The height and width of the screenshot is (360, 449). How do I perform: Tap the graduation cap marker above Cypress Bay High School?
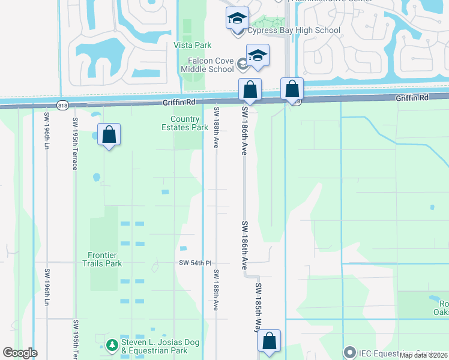(x=238, y=18)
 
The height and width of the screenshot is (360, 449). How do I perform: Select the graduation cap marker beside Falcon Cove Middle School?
(x=258, y=56)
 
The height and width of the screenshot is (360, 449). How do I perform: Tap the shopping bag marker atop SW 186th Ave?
(x=250, y=90)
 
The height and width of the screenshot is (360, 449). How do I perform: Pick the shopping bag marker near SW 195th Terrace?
(x=109, y=135)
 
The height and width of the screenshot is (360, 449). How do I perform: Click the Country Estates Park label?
(x=185, y=123)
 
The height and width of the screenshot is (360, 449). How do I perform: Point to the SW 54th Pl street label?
(x=196, y=263)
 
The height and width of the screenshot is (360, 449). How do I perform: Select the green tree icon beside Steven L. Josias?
(x=111, y=345)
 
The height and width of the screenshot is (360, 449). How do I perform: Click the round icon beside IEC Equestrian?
(x=350, y=352)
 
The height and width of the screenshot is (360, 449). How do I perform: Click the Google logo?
(x=20, y=353)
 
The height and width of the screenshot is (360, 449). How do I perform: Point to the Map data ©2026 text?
(x=423, y=355)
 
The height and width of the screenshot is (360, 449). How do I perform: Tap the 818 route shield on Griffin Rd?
(x=62, y=105)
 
